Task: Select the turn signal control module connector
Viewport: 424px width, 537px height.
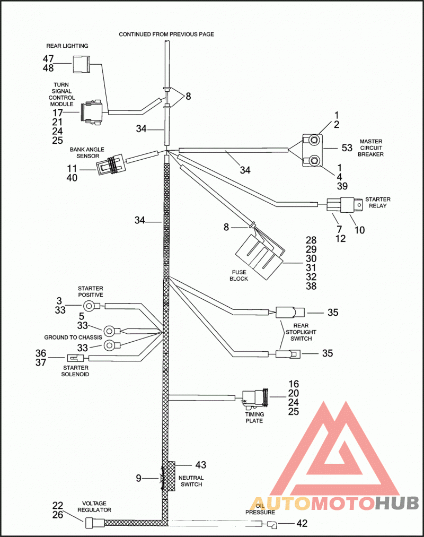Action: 91,112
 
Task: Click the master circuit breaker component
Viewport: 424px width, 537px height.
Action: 313,150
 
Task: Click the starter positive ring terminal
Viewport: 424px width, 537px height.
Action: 91,306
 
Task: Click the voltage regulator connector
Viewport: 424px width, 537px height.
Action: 94,523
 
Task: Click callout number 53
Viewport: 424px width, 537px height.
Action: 347,148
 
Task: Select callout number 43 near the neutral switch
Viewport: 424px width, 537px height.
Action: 201,465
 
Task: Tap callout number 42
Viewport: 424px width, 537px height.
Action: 302,523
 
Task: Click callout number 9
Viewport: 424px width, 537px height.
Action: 138,478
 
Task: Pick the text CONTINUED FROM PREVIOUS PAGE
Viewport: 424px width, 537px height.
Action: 166,34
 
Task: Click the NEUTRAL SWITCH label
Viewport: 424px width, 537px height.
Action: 191,481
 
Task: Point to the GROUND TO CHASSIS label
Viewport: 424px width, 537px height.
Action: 73,337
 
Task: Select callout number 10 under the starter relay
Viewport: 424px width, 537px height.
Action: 359,230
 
